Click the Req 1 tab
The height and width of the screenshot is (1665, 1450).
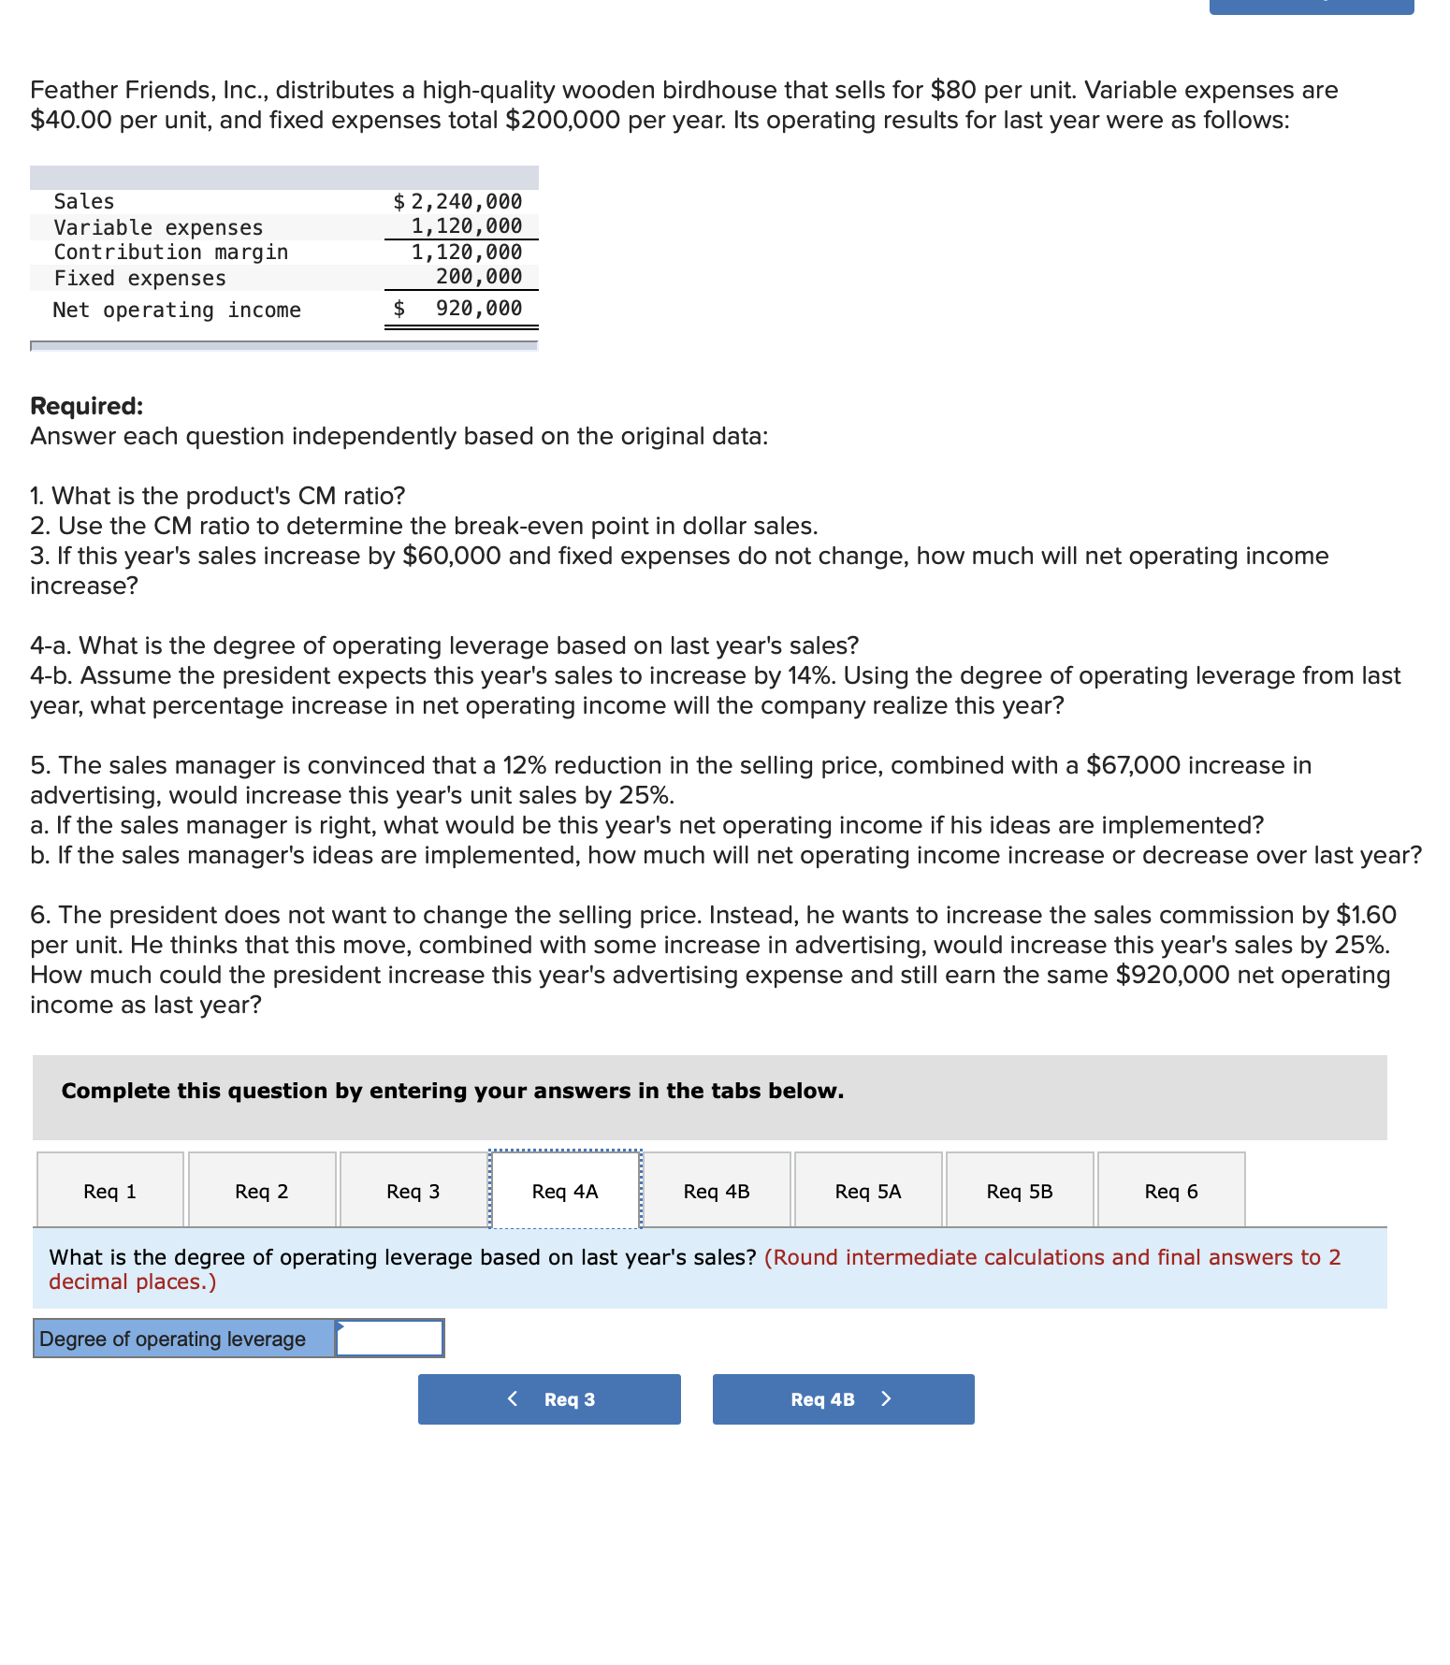point(110,1191)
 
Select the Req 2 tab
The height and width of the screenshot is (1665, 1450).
point(262,1191)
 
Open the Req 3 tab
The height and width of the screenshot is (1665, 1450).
point(413,1191)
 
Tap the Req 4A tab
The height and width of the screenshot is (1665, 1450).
point(564,1191)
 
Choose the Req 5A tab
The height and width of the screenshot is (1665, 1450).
point(867,1191)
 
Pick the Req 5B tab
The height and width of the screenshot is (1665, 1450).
point(1019,1191)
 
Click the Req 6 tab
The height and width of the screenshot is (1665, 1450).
point(1170,1191)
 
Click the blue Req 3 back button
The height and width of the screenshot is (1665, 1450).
point(549,1399)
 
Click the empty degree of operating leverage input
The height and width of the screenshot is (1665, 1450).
point(389,1339)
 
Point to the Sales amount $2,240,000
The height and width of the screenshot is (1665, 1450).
point(458,201)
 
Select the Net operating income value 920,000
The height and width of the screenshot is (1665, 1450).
point(478,308)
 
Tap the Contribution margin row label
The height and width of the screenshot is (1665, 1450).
point(171,252)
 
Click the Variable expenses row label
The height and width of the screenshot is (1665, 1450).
point(158,227)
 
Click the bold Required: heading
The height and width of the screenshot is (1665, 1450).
point(87,406)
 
